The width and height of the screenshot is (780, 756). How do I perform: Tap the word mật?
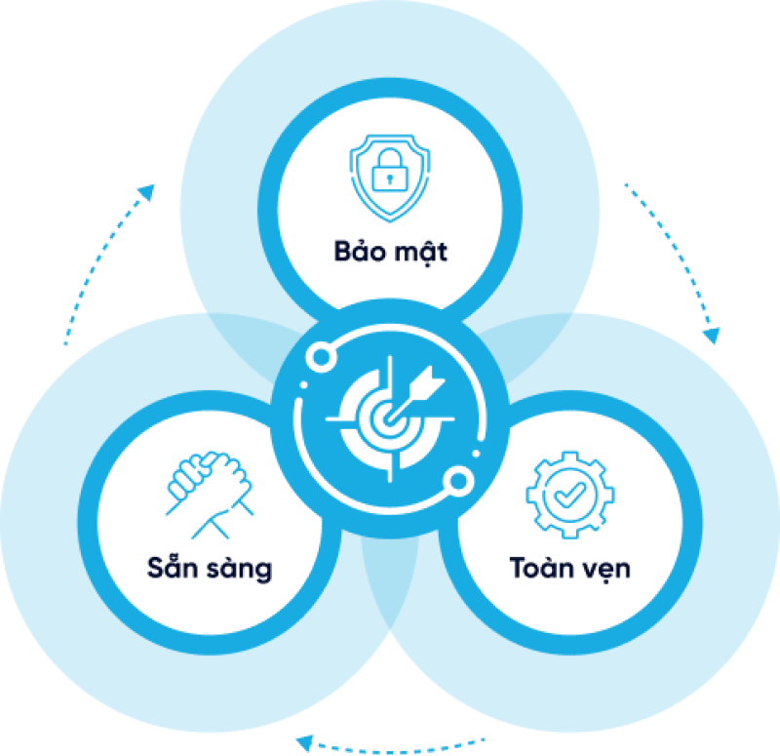(x=423, y=253)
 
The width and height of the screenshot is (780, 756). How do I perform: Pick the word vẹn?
(x=605, y=570)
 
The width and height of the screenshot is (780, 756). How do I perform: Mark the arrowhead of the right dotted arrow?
(x=713, y=335)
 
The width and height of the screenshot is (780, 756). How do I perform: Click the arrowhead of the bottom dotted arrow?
(x=304, y=741)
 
